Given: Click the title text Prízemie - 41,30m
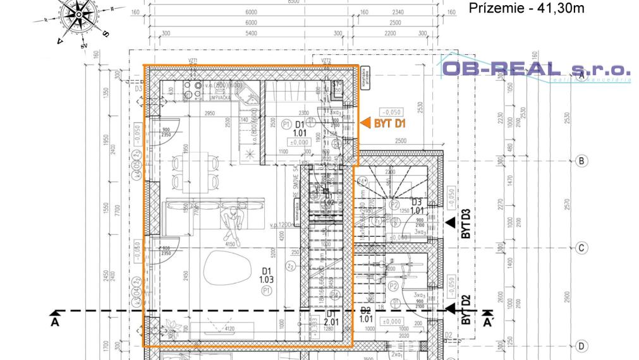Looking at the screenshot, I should (x=526, y=8).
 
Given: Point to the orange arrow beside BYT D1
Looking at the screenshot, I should (x=365, y=124).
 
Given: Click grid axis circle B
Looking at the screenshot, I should (x=581, y=161).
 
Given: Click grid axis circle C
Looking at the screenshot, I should (x=581, y=248).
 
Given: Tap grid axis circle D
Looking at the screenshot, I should (x=581, y=346).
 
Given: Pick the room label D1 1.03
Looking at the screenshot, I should (x=266, y=275).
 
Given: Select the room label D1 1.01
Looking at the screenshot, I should (x=300, y=129).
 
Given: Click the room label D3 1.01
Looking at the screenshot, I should (x=417, y=207).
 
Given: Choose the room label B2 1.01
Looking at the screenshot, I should (x=365, y=315).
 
